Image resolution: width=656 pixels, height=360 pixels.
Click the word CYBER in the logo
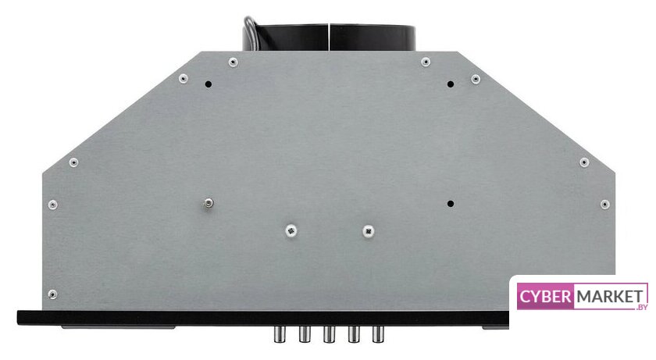(546, 297)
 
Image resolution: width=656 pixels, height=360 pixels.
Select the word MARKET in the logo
(610, 297)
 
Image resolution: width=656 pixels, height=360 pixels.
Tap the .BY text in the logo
(641, 308)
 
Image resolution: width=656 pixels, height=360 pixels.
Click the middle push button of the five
(329, 334)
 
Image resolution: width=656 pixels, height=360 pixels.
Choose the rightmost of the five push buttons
(378, 334)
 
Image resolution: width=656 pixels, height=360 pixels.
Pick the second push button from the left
(305, 334)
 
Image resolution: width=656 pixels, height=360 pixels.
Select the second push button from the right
(354, 334)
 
